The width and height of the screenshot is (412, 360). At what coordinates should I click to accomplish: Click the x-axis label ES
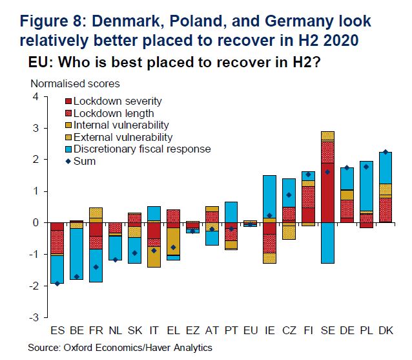pyautogui.click(x=58, y=331)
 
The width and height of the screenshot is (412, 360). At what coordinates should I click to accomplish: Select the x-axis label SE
pyautogui.click(x=327, y=331)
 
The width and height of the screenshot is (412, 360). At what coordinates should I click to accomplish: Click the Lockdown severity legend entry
pyautogui.click(x=116, y=101)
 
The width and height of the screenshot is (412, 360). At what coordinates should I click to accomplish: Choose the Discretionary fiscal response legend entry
pyautogui.click(x=141, y=149)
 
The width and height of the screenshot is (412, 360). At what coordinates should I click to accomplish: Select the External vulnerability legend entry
pyautogui.click(x=122, y=137)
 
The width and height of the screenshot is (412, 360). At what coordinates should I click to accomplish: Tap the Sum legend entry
pyautogui.click(x=84, y=161)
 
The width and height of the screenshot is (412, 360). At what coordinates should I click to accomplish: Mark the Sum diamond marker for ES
pyautogui.click(x=58, y=283)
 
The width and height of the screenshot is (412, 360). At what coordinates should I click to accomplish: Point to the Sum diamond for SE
pyautogui.click(x=327, y=172)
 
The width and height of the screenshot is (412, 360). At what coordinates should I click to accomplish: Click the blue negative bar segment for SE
pyautogui.click(x=327, y=243)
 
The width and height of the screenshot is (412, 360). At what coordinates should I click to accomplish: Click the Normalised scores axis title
pyautogui.click(x=74, y=84)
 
